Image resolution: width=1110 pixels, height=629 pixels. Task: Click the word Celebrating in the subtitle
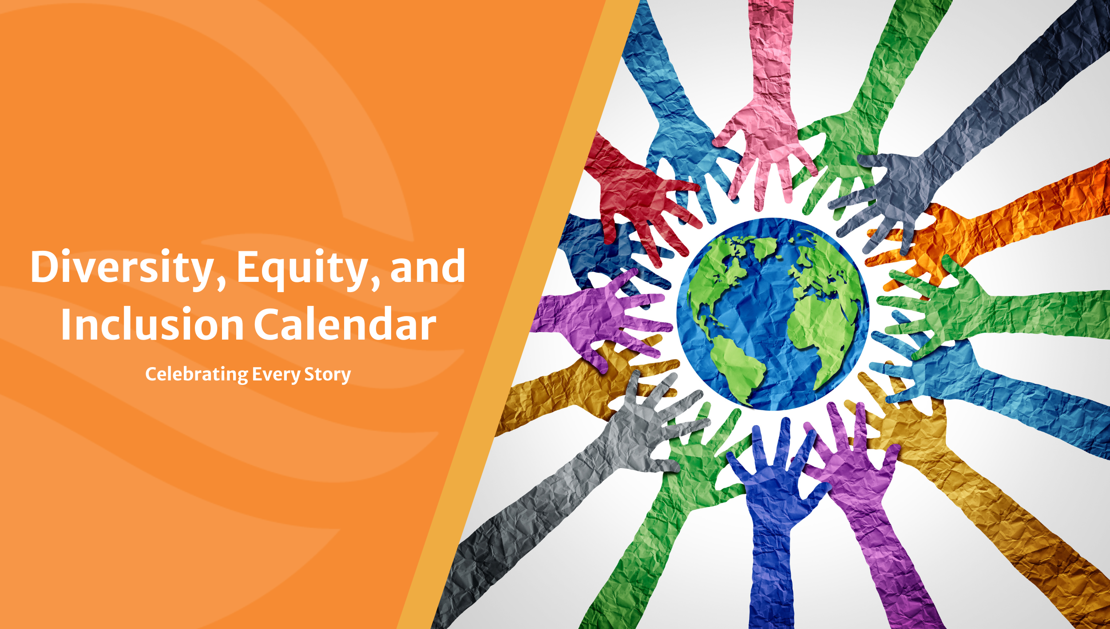(197, 375)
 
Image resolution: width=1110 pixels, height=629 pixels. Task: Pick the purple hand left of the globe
(595, 315)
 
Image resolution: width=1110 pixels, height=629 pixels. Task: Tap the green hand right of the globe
(977, 311)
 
